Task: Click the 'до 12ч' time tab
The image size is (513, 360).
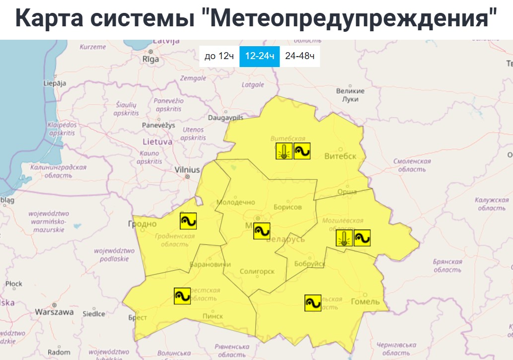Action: [219, 57]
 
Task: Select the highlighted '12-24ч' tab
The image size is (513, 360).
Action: [259, 57]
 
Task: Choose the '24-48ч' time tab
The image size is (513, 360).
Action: [299, 57]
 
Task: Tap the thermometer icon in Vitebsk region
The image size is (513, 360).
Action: [284, 151]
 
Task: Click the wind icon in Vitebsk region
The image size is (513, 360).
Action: [302, 151]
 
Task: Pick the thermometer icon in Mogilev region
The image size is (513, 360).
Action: [344, 238]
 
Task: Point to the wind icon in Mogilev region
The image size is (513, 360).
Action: [362, 238]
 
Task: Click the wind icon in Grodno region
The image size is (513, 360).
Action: [188, 220]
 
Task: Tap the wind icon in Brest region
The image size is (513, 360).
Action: [182, 296]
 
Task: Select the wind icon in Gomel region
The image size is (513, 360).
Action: [313, 303]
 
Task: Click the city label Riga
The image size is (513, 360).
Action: [150, 59]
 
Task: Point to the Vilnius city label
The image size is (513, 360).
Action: [187, 170]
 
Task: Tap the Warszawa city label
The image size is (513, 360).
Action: [54, 312]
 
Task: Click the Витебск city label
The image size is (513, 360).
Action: [340, 156]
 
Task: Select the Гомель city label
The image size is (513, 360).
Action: [365, 302]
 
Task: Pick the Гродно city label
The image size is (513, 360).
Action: [143, 224]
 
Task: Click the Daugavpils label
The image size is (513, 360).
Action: [225, 118]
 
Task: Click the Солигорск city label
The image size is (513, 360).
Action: [257, 272]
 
